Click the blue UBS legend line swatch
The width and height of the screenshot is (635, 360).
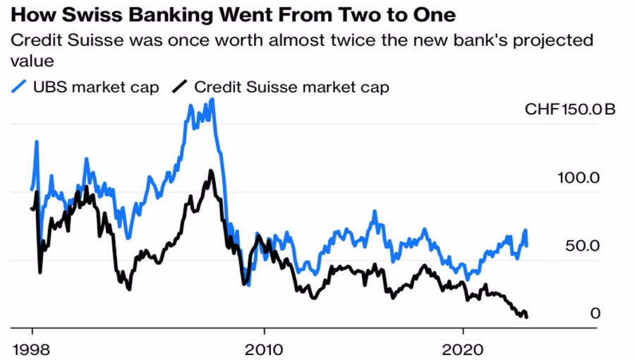(x=20, y=88)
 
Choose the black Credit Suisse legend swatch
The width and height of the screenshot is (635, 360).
(x=181, y=88)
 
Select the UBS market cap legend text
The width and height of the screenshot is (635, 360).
(x=96, y=88)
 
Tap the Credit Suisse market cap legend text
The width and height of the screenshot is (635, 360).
(x=291, y=88)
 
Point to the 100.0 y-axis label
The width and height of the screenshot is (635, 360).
(x=579, y=178)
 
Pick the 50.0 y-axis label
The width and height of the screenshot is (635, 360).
(x=582, y=246)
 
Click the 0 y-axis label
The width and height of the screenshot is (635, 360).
(x=595, y=313)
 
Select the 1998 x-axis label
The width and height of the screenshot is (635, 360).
(x=32, y=347)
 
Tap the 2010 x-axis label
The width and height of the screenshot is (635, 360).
(x=263, y=347)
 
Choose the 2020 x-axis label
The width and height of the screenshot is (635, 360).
(x=462, y=347)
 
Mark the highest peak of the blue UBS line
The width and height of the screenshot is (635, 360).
(x=212, y=100)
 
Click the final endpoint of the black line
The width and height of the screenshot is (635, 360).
(x=527, y=316)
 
